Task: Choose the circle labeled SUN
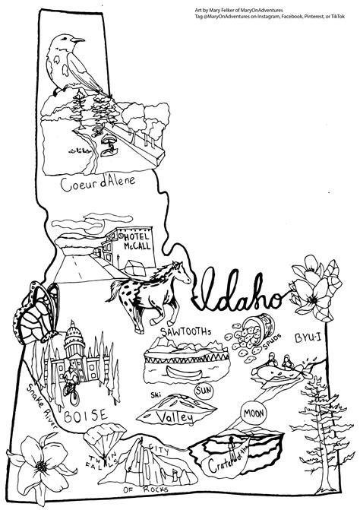[x=204, y=391]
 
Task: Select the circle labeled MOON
[x=254, y=415]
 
